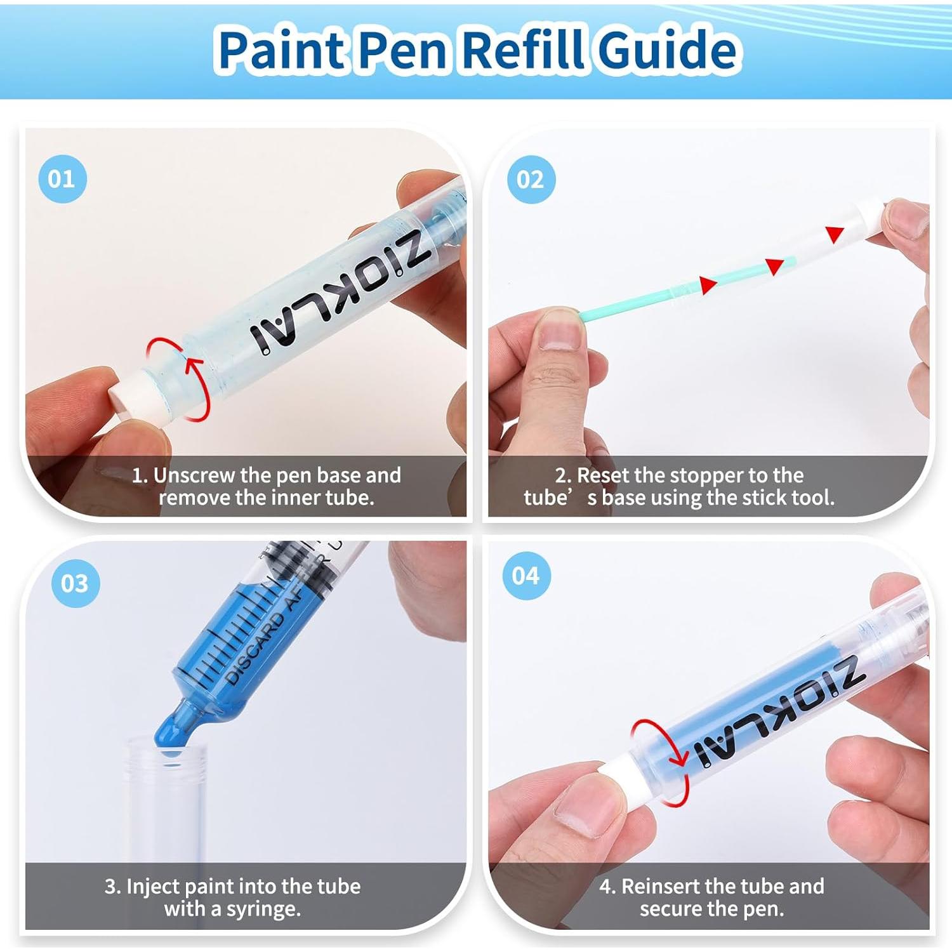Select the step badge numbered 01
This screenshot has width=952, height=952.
click(62, 179)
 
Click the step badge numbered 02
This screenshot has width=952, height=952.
click(531, 180)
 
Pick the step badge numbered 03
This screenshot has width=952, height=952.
click(75, 583)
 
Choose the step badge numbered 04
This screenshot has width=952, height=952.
click(526, 576)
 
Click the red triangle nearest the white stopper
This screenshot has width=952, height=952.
click(834, 234)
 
